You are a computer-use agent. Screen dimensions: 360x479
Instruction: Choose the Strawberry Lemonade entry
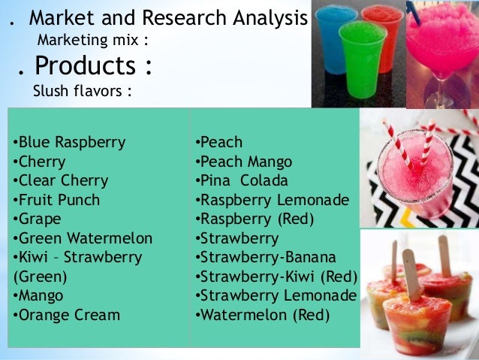275,295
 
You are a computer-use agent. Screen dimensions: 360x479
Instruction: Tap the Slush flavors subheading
83,92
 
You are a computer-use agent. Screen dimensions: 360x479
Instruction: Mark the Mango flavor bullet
38,295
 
